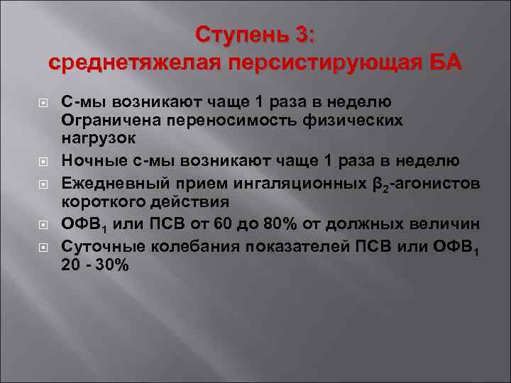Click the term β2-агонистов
(x=426, y=184)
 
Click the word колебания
(x=180, y=247)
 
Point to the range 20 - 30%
(x=95, y=265)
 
